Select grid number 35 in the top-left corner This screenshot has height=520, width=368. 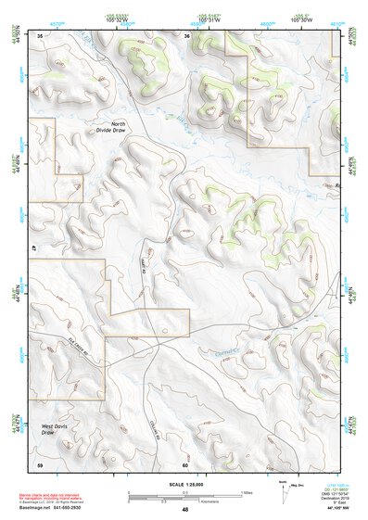(40, 35)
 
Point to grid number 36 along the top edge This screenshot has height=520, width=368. (186, 35)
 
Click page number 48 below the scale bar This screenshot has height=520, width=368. (185, 509)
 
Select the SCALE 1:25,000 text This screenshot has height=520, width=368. (184, 483)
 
